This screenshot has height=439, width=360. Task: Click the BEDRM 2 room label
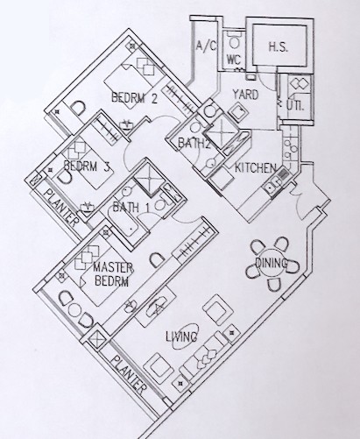[135, 97]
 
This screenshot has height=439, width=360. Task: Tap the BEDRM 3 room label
[87, 166]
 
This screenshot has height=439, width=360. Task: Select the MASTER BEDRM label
[113, 274]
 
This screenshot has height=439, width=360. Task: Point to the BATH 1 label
[131, 208]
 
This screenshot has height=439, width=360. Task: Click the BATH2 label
[194, 144]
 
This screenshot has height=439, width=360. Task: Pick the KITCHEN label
[256, 168]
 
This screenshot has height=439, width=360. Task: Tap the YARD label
[245, 95]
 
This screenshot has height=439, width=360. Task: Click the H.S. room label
[279, 46]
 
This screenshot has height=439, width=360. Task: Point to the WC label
[234, 60]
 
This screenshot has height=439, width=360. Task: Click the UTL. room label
[295, 105]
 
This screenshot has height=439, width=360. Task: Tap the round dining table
[271, 264]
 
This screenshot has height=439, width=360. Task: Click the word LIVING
[181, 336]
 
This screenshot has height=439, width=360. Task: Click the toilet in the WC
[234, 41]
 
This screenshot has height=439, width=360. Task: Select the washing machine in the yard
[239, 112]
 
